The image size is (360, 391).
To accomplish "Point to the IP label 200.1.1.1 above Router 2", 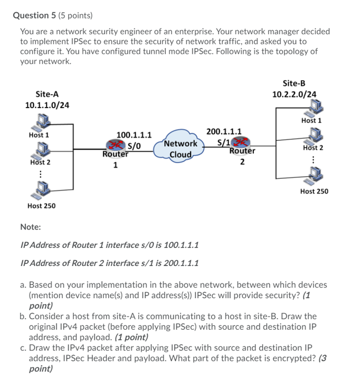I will (224, 131).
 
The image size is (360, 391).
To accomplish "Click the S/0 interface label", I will (134, 146).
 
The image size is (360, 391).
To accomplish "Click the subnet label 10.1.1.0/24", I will (47, 105).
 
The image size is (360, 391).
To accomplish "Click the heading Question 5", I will (34, 15).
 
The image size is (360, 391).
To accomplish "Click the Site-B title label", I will (294, 83).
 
